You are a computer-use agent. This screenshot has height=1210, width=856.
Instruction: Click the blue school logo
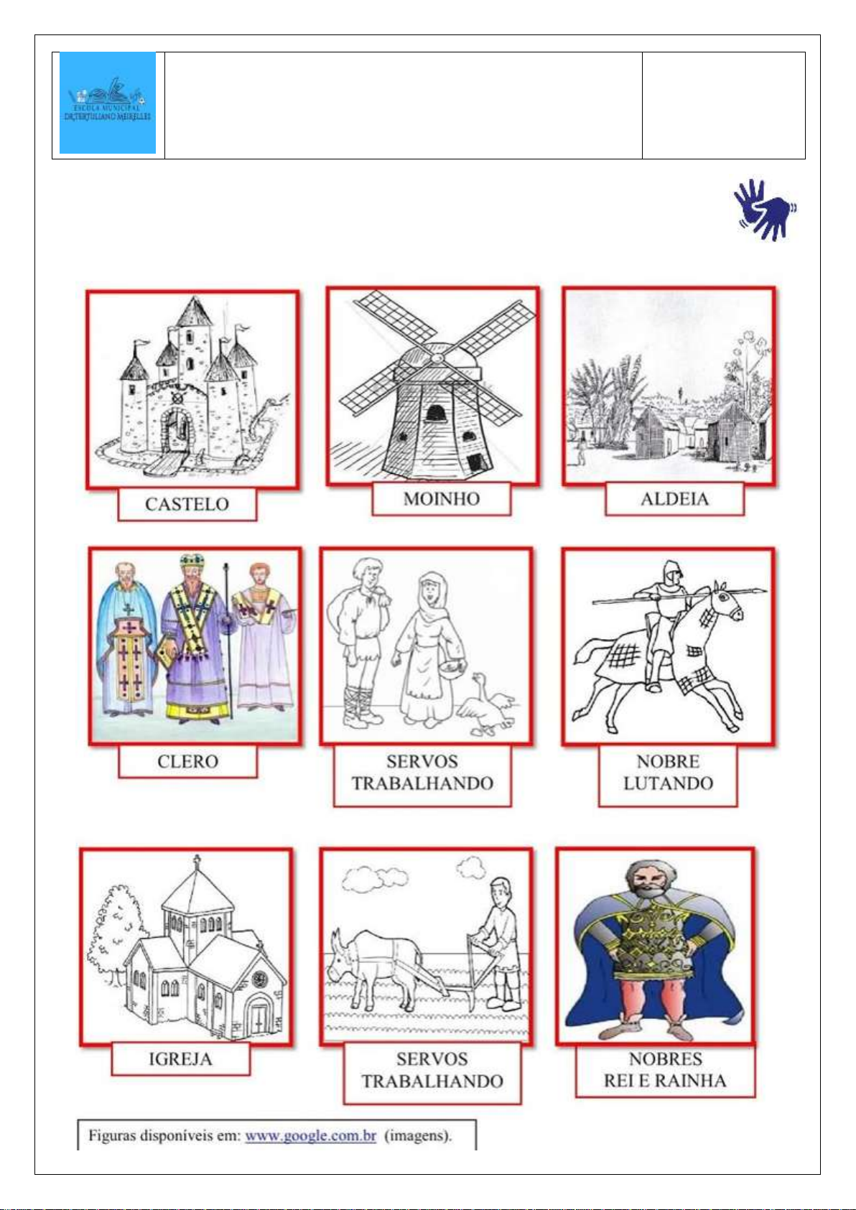[108, 103]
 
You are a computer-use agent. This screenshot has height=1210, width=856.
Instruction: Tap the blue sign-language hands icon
[765, 210]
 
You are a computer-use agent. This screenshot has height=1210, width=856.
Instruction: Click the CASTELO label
[187, 504]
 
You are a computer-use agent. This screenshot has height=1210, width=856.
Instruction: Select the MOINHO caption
[441, 498]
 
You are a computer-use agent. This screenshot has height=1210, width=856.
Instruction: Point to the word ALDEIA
[674, 498]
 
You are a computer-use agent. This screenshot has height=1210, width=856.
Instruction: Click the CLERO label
[187, 762]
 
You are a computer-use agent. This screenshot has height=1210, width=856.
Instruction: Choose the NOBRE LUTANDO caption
[668, 773]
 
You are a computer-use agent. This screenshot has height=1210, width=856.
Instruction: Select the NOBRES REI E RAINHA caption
[665, 1069]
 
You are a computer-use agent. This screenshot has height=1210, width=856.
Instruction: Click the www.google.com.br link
[310, 1135]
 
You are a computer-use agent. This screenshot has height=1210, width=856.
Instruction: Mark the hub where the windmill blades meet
[437, 358]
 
